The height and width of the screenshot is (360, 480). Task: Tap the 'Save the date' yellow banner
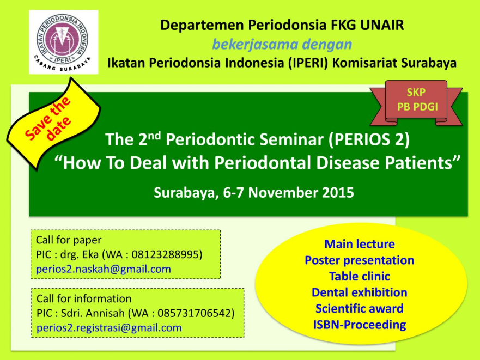tap(54, 123)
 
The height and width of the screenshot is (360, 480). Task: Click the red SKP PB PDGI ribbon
tap(416, 103)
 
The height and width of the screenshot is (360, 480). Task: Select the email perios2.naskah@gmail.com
tap(104, 269)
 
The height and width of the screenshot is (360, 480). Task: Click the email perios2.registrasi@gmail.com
tap(110, 328)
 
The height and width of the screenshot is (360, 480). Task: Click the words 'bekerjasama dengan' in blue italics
tap(282, 45)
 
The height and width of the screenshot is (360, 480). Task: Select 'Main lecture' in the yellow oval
tap(360, 244)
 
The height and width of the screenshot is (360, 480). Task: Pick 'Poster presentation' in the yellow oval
tap(360, 260)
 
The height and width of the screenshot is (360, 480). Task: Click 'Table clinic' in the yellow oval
tap(360, 276)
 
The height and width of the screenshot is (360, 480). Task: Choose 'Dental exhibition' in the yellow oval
tap(360, 292)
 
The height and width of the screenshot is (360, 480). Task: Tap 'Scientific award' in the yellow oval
tap(360, 309)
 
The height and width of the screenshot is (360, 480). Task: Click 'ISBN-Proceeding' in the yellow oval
tap(360, 325)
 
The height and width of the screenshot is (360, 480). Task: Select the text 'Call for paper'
tap(69, 240)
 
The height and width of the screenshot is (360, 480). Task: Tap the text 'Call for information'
tap(84, 298)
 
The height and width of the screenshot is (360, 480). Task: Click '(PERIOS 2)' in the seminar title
tap(369, 139)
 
